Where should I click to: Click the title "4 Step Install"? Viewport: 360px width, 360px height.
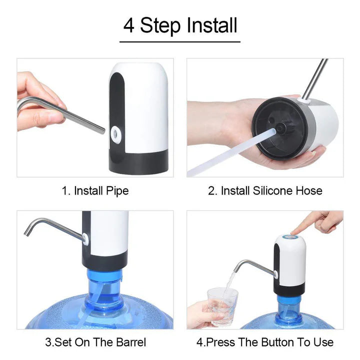pyautogui.click(x=180, y=25)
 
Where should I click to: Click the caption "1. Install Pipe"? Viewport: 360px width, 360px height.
pyautogui.click(x=95, y=190)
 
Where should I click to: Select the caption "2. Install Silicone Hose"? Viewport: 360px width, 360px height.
pyautogui.click(x=265, y=190)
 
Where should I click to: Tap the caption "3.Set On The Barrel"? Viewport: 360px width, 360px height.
pyautogui.click(x=95, y=342)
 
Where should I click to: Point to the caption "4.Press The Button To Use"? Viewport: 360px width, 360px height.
pyautogui.click(x=265, y=342)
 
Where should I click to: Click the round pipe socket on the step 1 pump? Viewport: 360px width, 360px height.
pyautogui.click(x=116, y=132)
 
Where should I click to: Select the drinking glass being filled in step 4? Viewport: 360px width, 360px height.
pyautogui.click(x=222, y=305)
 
